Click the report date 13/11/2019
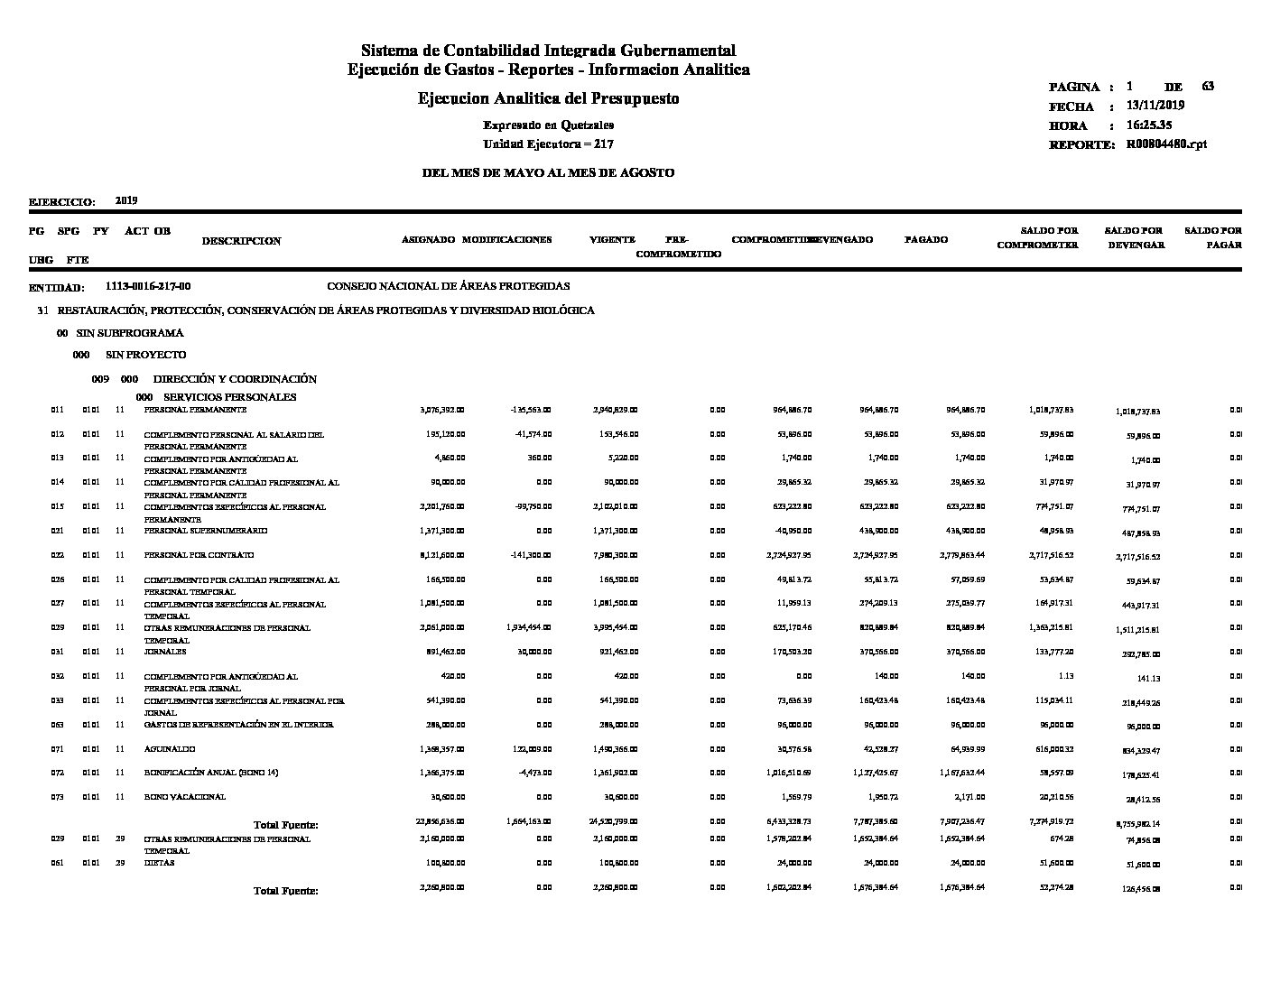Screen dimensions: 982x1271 pos(1155,106)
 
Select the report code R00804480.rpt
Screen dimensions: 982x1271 pos(1165,144)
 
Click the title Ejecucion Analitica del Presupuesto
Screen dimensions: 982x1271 pos(548,98)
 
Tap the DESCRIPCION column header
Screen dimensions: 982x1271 pos(241,241)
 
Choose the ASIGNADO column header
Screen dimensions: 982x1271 pos(428,240)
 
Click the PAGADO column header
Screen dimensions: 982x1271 pos(926,240)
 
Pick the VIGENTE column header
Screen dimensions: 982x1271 pos(612,240)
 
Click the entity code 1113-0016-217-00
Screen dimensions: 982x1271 pos(148,286)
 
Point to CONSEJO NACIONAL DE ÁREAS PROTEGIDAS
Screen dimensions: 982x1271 pos(448,286)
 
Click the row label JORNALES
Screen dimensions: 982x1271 pos(165,651)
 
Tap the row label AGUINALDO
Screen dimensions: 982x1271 pos(170,748)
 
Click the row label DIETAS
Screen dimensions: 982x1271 pos(160,862)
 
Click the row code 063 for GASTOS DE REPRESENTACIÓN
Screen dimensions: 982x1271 pos(57,724)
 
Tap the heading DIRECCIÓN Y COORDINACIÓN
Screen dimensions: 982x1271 pos(235,379)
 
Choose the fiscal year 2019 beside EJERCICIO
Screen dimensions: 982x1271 pos(126,200)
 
